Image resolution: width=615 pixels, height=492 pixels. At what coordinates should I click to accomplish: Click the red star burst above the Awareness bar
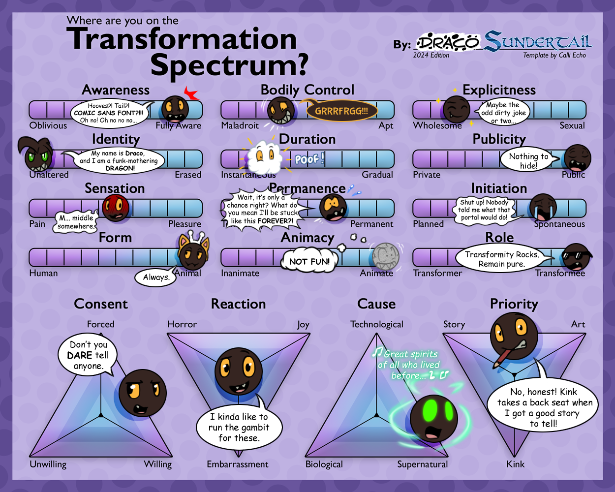click(192, 93)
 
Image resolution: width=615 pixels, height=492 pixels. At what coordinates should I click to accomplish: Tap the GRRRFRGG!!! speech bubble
click(341, 111)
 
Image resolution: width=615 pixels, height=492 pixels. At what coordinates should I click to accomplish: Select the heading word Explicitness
click(499, 90)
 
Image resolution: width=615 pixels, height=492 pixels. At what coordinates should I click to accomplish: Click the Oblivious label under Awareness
click(48, 125)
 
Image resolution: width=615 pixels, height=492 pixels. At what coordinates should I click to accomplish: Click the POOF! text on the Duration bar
click(309, 158)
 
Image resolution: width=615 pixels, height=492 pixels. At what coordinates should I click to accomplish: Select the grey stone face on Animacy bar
click(385, 255)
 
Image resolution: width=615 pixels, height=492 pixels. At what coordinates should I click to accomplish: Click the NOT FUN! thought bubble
click(309, 261)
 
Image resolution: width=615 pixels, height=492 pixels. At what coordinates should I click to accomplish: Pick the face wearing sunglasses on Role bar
click(577, 256)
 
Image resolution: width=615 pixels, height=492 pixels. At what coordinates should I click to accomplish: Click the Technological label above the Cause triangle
click(376, 324)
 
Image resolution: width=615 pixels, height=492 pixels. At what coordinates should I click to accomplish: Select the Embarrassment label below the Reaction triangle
click(238, 464)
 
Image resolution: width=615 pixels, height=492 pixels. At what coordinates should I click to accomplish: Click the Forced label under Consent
click(100, 324)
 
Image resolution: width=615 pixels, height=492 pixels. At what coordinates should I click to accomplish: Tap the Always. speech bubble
click(156, 277)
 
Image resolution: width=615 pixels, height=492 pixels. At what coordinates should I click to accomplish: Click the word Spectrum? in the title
click(229, 65)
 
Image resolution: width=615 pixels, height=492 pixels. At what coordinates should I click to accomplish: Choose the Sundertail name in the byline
click(538, 42)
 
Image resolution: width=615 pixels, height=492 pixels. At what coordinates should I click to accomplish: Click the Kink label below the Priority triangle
click(515, 464)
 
